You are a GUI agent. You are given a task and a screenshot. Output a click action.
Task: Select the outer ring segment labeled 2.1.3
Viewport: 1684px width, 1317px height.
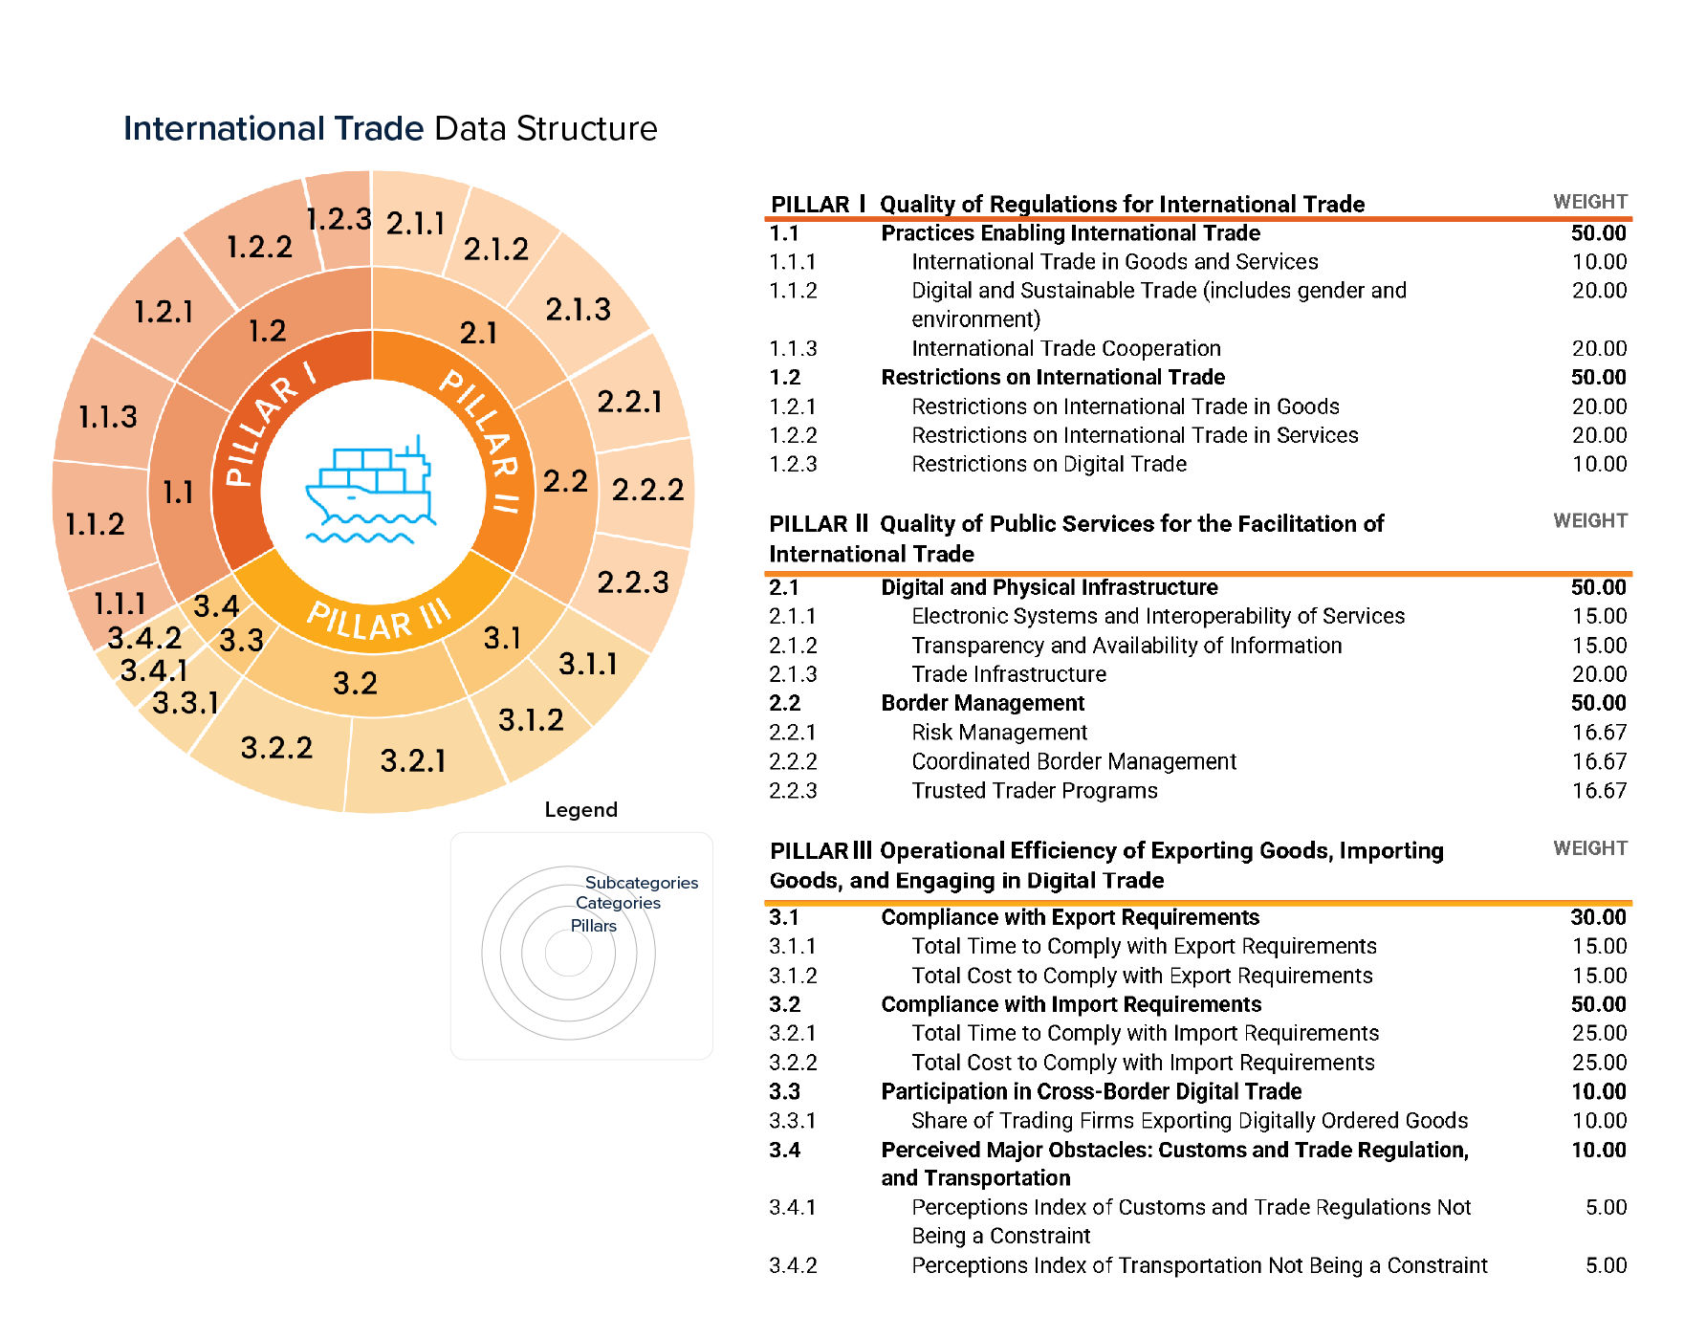[x=578, y=310]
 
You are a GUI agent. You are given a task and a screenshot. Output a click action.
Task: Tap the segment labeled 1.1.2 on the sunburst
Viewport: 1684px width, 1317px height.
[x=95, y=524]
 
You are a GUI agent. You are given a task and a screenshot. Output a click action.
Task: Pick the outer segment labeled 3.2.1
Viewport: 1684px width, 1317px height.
[x=413, y=760]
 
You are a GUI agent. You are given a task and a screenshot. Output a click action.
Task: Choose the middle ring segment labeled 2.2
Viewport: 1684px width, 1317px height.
[x=565, y=480]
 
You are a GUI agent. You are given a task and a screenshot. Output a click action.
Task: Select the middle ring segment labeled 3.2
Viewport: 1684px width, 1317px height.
[x=355, y=683]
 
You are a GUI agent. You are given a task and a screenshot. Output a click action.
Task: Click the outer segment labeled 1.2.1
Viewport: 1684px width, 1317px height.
[x=164, y=312]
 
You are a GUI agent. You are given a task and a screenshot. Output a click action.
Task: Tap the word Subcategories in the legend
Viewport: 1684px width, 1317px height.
[x=641, y=882]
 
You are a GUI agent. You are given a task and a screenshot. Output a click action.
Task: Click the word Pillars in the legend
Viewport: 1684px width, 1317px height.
[x=593, y=925]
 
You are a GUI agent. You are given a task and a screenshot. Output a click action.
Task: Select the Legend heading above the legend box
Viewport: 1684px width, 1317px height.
[x=580, y=809]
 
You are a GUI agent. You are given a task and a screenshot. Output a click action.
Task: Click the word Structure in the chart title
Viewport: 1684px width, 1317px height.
[x=586, y=128]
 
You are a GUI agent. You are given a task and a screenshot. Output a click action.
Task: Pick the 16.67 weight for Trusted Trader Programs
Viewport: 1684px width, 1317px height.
[x=1598, y=790]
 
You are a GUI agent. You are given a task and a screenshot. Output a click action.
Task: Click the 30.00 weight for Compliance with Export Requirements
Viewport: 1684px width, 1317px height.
[x=1597, y=916]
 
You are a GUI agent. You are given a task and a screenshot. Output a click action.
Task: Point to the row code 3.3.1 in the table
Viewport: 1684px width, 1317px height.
[x=793, y=1120]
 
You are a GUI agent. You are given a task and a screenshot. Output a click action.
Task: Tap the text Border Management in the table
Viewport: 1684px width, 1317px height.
[x=982, y=703]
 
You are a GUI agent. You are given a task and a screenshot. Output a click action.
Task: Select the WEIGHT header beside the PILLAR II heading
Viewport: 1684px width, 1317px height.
[x=1589, y=520]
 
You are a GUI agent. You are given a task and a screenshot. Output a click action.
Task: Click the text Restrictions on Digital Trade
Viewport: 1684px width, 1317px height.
[x=1048, y=464]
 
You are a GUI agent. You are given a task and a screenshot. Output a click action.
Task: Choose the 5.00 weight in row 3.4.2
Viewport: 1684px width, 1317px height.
[x=1605, y=1265]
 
